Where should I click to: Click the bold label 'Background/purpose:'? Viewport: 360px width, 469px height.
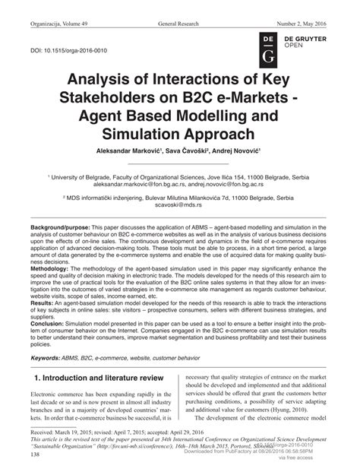click(60, 228)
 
